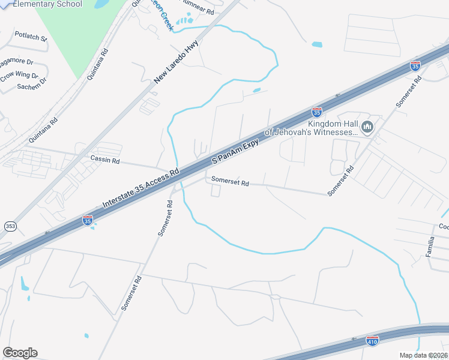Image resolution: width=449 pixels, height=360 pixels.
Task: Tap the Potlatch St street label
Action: click(31, 37)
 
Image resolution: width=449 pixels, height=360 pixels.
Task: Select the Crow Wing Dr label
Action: click(19, 76)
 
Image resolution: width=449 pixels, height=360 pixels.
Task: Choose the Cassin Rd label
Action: click(105, 161)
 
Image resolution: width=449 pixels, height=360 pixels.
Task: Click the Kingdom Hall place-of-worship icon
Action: click(368, 127)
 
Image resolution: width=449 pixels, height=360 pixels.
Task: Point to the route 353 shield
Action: click(10, 226)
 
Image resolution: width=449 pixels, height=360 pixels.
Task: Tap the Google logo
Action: click(20, 353)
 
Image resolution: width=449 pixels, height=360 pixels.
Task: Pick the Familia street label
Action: click(430, 247)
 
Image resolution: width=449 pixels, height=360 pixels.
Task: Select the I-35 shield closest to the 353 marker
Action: click(88, 220)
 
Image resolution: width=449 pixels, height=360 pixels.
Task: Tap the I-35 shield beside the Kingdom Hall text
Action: click(316, 111)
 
